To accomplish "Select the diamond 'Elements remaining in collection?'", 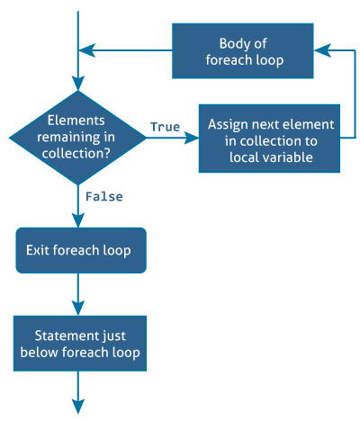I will coord(77,138).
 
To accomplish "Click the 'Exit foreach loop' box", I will coord(80,249).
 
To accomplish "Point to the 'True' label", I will coord(165,127).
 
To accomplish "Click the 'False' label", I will coord(104,195).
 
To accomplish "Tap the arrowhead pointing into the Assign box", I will coord(192,138).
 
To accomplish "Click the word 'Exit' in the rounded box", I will coord(42,249).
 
